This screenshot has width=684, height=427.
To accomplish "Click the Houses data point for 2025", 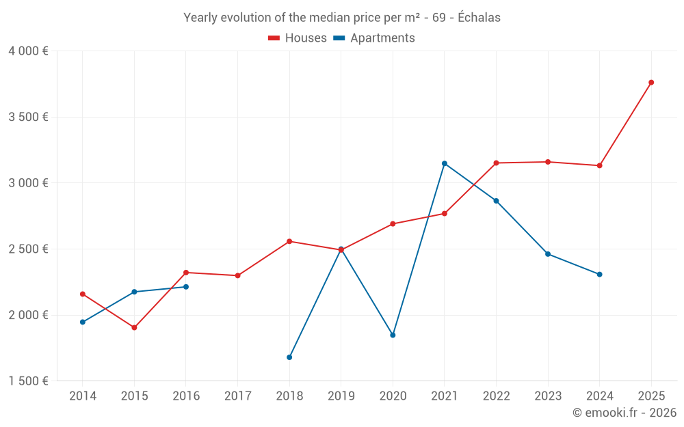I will pyautogui.click(x=651, y=83).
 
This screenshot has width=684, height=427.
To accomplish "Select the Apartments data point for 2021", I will pyautogui.click(x=445, y=163).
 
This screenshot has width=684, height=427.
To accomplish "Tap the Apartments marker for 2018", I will pyautogui.click(x=289, y=357).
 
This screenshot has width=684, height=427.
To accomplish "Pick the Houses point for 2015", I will pyautogui.click(x=134, y=328).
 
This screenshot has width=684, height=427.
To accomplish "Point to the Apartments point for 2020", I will pyautogui.click(x=393, y=335).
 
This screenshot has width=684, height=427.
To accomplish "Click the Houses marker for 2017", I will pyautogui.click(x=237, y=276).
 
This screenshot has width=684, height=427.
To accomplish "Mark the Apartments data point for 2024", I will pyautogui.click(x=600, y=275).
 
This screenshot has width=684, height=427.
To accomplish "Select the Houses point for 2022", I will pyautogui.click(x=496, y=163).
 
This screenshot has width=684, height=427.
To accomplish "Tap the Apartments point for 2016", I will pyautogui.click(x=186, y=287).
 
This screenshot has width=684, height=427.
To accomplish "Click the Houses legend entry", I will pyautogui.click(x=298, y=38).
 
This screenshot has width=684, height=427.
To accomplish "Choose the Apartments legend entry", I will pyautogui.click(x=374, y=38).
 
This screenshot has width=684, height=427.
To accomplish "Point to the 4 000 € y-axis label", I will pyautogui.click(x=28, y=51).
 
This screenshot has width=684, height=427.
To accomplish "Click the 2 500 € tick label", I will pyautogui.click(x=28, y=249).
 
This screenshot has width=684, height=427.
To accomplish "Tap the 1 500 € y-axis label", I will pyautogui.click(x=28, y=381).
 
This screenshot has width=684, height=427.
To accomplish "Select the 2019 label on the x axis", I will pyautogui.click(x=341, y=396).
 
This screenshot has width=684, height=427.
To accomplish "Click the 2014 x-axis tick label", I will pyautogui.click(x=82, y=396).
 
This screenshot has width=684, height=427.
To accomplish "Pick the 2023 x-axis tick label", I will pyautogui.click(x=548, y=396).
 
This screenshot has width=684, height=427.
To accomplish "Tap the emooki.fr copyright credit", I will pyautogui.click(x=624, y=413).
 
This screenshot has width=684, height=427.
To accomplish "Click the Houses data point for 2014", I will pyautogui.click(x=83, y=294).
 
